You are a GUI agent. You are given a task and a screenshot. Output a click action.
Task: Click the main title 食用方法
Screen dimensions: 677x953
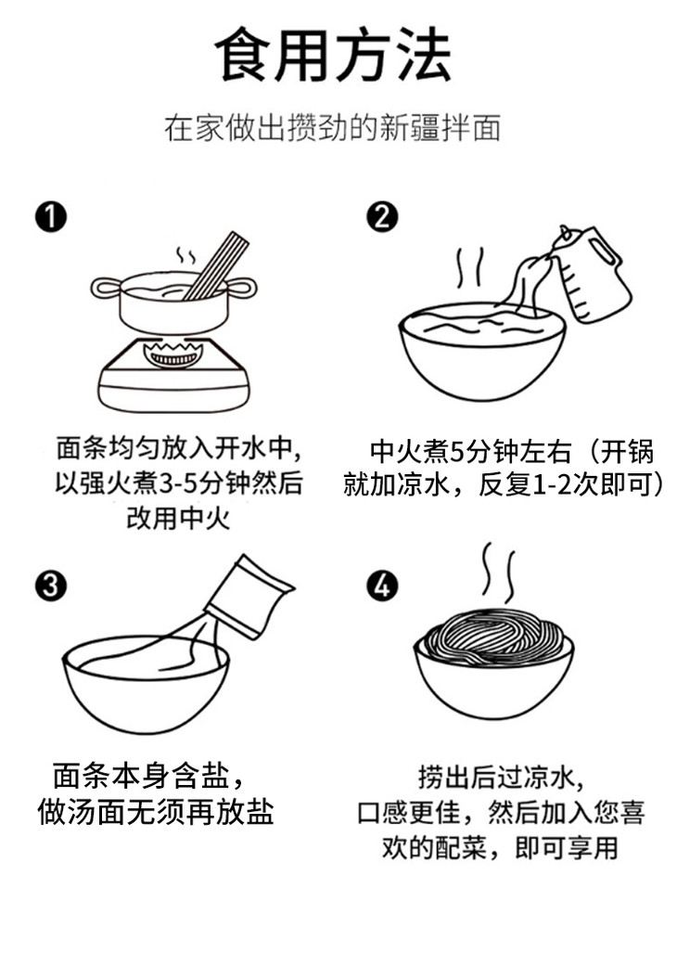tap(333, 56)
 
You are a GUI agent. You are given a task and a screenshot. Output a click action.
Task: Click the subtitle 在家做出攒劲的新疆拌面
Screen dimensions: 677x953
tap(333, 128)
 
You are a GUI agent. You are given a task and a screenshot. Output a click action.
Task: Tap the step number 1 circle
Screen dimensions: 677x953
tap(50, 217)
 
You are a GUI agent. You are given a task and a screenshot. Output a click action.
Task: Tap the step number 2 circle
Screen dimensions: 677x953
tap(382, 217)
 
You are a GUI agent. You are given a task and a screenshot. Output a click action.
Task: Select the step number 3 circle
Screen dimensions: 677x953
tap(50, 586)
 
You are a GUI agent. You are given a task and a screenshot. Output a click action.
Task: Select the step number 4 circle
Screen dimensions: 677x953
tap(382, 586)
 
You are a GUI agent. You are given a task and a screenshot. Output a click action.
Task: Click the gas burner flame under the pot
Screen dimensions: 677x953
tap(173, 354)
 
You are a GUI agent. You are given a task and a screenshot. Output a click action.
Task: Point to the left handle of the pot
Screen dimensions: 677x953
tap(106, 288)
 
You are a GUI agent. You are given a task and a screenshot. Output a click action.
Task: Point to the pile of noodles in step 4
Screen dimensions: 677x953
tap(493, 636)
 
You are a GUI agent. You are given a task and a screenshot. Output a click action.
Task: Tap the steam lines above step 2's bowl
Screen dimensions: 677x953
tap(470, 268)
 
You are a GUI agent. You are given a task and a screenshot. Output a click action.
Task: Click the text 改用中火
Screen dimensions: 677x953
tap(178, 519)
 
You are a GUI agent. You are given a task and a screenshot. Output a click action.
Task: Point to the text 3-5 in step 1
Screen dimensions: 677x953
tap(180, 484)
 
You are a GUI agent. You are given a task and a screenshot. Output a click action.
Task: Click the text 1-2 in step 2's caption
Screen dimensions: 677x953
tap(552, 485)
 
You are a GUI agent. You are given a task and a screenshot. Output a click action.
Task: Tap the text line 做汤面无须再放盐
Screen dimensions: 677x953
tap(156, 812)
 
